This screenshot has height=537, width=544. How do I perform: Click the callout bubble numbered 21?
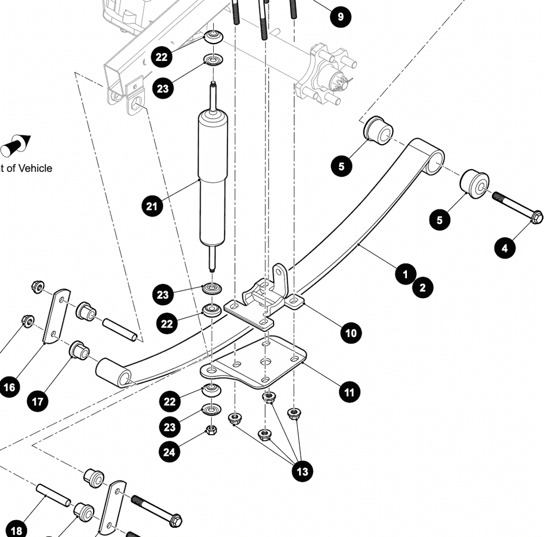(152, 206)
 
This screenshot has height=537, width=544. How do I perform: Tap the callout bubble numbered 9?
(341, 16)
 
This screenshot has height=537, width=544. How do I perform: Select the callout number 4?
(504, 248)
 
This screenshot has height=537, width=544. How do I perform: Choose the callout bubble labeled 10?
(351, 332)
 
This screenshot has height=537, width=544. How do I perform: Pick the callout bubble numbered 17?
(38, 402)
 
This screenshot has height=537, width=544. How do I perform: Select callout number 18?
(17, 530)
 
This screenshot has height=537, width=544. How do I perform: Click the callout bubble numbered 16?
(9, 387)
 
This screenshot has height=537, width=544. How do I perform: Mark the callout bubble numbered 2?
(423, 288)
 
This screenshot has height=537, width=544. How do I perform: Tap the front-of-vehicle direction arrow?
(16, 145)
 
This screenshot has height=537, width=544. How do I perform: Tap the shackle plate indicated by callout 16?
(56, 316)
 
